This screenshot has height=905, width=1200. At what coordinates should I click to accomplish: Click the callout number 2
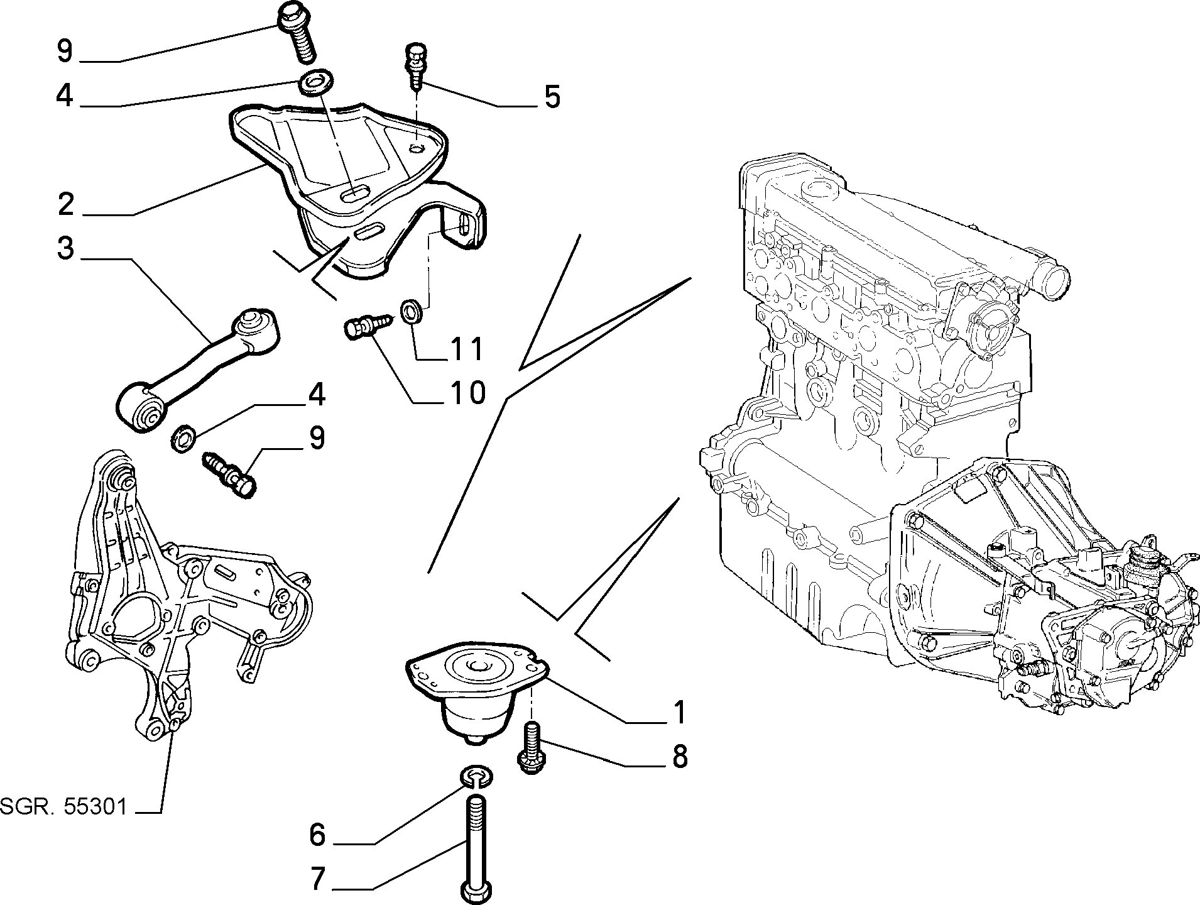pos(65,204)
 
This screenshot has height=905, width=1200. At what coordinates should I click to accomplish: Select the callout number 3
pos(65,248)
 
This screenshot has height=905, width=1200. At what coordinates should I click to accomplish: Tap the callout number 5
pos(552,97)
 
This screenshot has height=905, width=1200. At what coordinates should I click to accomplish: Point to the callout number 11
pos(466,349)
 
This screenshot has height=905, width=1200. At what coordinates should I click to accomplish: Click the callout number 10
pos(467,393)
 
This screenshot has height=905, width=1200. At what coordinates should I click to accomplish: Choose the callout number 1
pos(679,713)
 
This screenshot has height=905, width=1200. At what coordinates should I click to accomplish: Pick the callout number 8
pos(679,757)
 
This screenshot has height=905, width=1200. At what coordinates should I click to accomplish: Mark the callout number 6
pos(317,835)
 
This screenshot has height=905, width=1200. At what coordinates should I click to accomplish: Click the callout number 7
pos(318,879)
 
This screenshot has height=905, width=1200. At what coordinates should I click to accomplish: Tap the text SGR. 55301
pos(63,806)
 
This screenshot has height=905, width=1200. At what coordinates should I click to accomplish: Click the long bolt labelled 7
pos(476,848)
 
